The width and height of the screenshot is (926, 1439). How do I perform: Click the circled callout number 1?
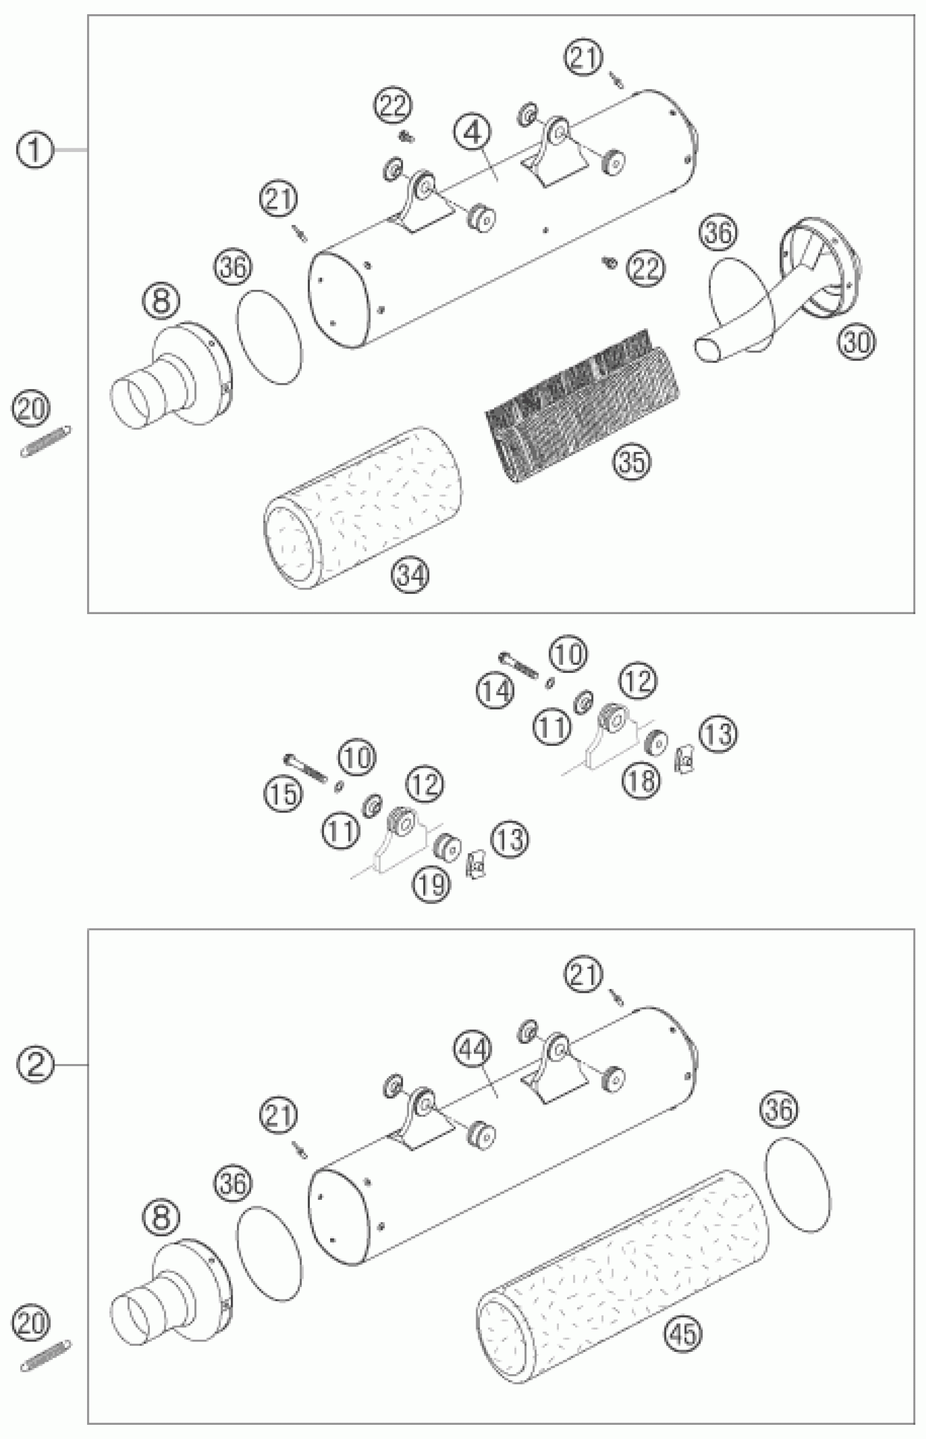point(34,150)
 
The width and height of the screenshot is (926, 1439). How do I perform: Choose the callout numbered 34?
point(411,575)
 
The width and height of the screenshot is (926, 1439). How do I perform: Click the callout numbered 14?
point(496,691)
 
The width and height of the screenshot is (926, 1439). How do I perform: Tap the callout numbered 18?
point(642,781)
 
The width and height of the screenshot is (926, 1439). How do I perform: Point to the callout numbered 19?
point(432,884)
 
